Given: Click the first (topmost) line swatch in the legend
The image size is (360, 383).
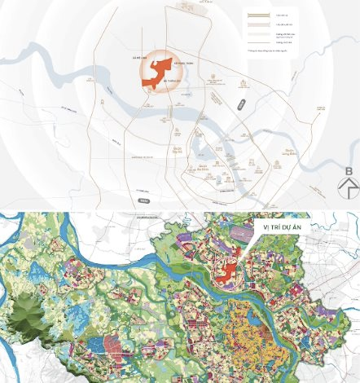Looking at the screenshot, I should click(x=259, y=15).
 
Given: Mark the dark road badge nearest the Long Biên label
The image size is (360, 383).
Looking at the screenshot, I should click(x=241, y=103).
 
